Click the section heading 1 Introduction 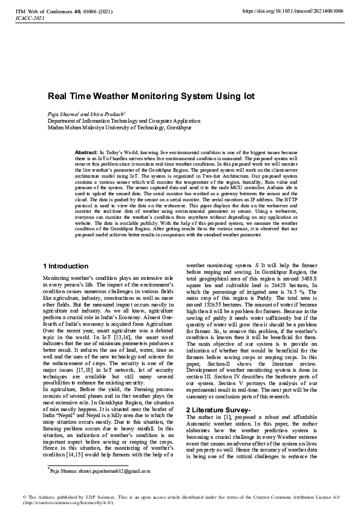pos(67,266)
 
